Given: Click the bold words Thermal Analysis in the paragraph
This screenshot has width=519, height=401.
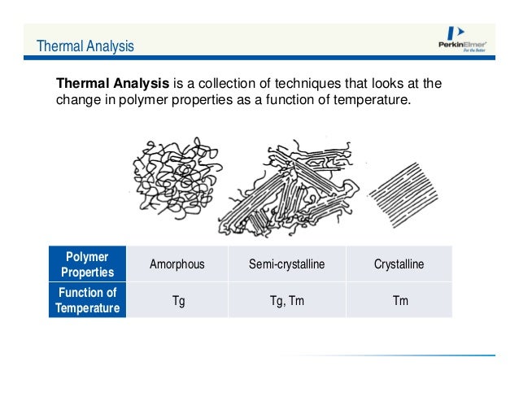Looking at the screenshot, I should (111, 84).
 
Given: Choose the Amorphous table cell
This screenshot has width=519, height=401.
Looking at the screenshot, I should (177, 264).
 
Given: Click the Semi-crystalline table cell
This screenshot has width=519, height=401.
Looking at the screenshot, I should (286, 264).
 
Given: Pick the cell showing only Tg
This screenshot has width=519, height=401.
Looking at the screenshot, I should (177, 300).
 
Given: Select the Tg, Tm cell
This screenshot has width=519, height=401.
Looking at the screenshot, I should (286, 300).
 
